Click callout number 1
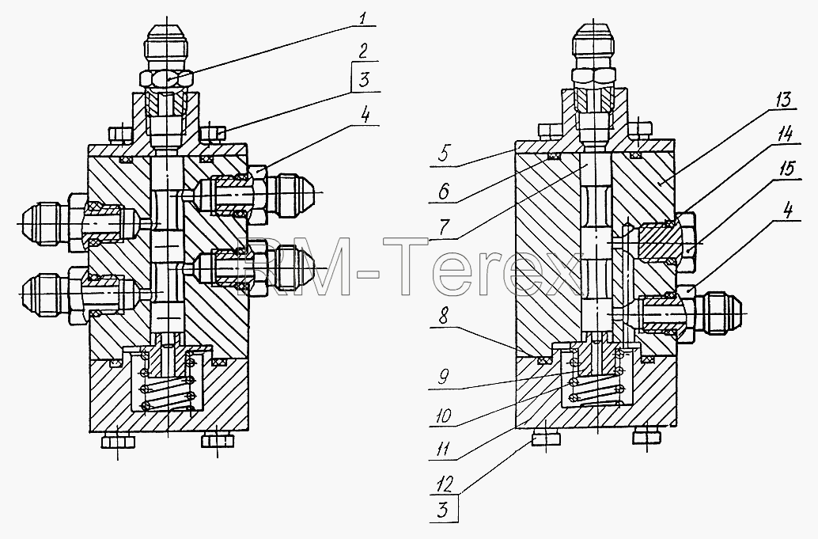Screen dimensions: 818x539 (363, 19)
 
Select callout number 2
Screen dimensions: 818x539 (363, 51)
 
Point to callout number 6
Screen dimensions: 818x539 (443, 192)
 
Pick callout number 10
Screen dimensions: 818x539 (445, 416)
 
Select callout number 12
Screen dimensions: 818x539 (444, 486)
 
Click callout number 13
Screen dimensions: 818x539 (783, 99)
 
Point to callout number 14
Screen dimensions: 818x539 (784, 135)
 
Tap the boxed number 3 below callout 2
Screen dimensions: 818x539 (364, 80)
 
